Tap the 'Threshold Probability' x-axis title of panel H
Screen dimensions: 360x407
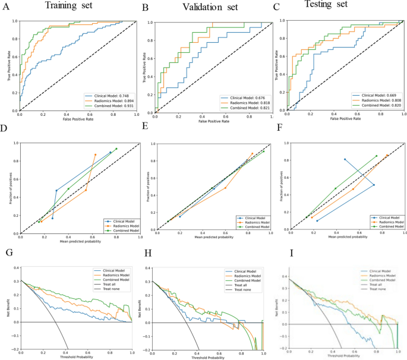click(209, 356)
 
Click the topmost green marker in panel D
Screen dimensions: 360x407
click(116, 149)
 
